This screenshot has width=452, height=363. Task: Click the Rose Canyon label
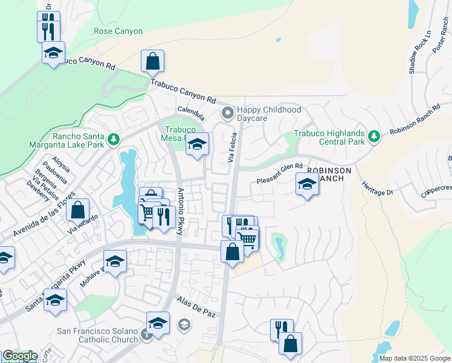[118, 31]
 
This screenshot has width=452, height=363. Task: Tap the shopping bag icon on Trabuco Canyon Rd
[153, 61]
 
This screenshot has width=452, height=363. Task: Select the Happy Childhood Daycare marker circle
[228, 113]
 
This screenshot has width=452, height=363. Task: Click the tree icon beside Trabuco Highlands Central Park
[374, 137]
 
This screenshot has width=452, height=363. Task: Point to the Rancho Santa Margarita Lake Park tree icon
[112, 140]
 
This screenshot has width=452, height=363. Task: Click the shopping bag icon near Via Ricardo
[78, 211]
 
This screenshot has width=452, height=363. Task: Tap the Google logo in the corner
[20, 356]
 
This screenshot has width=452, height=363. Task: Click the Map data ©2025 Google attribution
[413, 358]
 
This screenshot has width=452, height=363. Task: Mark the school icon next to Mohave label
[115, 261]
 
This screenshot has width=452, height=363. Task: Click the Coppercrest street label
[435, 188]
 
